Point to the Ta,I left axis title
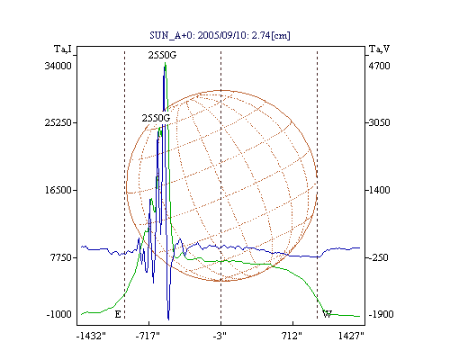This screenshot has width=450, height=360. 63,49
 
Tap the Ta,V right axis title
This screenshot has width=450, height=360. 379,49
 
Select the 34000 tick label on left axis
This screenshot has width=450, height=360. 58,66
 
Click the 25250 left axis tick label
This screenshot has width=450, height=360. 58,122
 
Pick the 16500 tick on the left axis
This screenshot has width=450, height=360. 58,190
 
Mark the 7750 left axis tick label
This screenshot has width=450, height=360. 60,257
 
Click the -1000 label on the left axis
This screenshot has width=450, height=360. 59,314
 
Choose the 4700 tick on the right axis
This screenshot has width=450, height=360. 379,66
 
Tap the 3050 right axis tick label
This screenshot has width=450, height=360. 379,122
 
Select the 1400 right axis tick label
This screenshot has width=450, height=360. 379,190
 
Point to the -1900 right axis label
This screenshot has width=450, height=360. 381,314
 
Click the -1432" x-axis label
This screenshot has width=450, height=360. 91,336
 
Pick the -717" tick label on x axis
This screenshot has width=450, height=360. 147,336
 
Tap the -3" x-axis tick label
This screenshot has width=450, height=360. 220,336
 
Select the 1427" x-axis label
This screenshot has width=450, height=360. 351,336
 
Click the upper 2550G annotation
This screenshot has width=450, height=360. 162,55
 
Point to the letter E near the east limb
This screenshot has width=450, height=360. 118,314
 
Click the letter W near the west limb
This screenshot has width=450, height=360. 327,314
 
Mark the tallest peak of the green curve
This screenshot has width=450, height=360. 166,63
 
